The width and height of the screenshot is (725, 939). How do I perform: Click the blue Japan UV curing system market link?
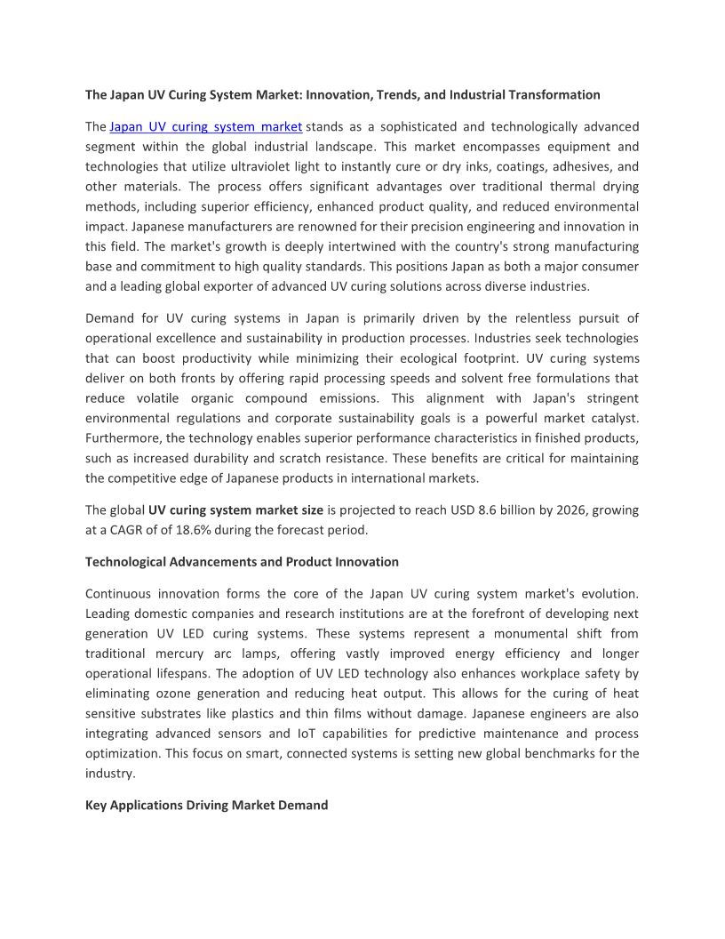point(205,126)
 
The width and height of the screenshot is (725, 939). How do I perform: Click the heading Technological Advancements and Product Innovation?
point(242,562)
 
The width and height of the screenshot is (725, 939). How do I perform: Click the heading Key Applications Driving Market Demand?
point(206,805)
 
